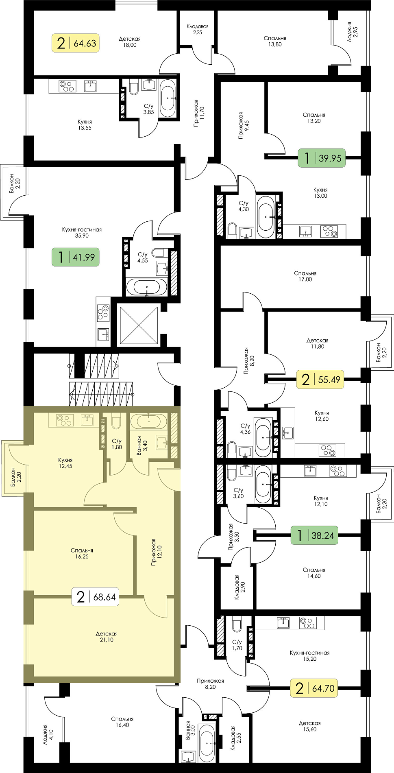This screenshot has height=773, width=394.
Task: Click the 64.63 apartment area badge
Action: pos(76,43)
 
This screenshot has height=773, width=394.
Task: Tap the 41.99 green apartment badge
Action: pos(76,257)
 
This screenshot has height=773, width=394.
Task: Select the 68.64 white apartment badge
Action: pos(95,597)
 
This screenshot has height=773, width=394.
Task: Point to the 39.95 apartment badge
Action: pos(322,158)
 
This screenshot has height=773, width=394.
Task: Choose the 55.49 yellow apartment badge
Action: pos(321,380)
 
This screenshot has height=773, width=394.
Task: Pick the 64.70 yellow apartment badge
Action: pos(314,688)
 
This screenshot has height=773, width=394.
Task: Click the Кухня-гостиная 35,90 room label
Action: pos(82,232)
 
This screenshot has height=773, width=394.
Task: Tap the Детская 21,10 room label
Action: pos(107,637)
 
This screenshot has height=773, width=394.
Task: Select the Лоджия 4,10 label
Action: pos(47,734)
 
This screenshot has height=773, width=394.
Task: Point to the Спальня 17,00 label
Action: pos(305,276)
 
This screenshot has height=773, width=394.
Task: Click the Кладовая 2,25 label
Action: pos(198,29)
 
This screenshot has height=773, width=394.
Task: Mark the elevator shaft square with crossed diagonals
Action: pos(139,325)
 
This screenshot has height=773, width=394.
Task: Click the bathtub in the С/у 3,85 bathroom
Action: pos(168,98)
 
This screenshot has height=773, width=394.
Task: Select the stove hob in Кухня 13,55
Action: pos(67,86)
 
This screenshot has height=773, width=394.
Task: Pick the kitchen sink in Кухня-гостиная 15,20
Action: pos(283,623)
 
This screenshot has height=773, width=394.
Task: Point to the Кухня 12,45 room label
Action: pos(65,463)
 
